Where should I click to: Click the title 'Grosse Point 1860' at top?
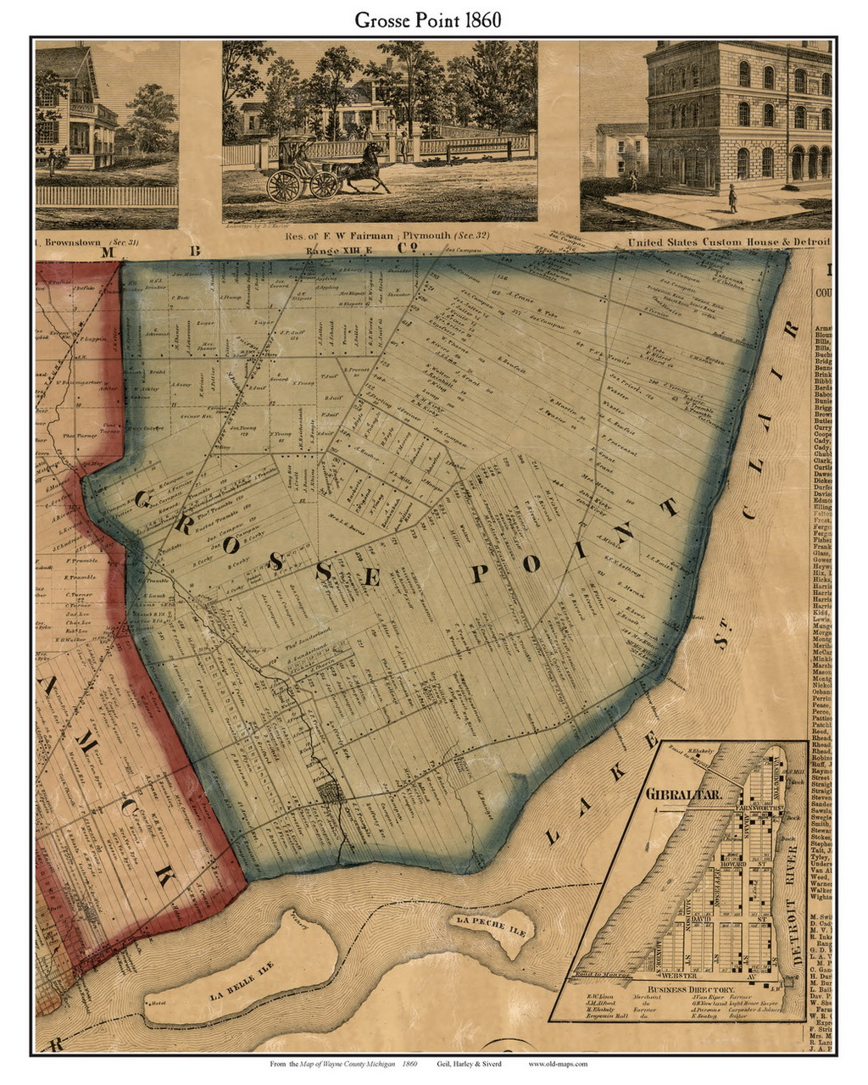[x=433, y=19]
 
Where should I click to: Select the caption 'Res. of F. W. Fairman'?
[x=283, y=242]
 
